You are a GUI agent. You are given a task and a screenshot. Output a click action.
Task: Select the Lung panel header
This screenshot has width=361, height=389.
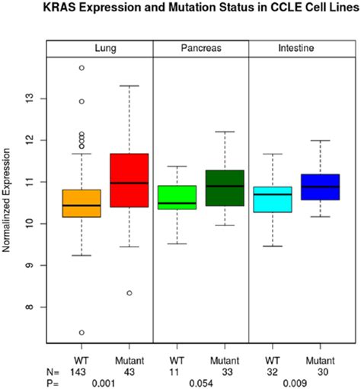click(101, 47)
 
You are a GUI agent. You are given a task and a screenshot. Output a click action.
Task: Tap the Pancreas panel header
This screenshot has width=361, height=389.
click(201, 47)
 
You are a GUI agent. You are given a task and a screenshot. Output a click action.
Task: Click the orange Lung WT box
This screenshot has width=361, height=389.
click(81, 203)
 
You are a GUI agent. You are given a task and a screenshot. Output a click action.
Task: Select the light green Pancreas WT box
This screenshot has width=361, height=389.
click(177, 202)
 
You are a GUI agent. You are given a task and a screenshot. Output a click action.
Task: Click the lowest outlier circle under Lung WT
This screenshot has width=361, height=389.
click(81, 333)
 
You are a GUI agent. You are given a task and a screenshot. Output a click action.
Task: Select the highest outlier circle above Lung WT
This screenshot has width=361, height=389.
click(81, 68)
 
